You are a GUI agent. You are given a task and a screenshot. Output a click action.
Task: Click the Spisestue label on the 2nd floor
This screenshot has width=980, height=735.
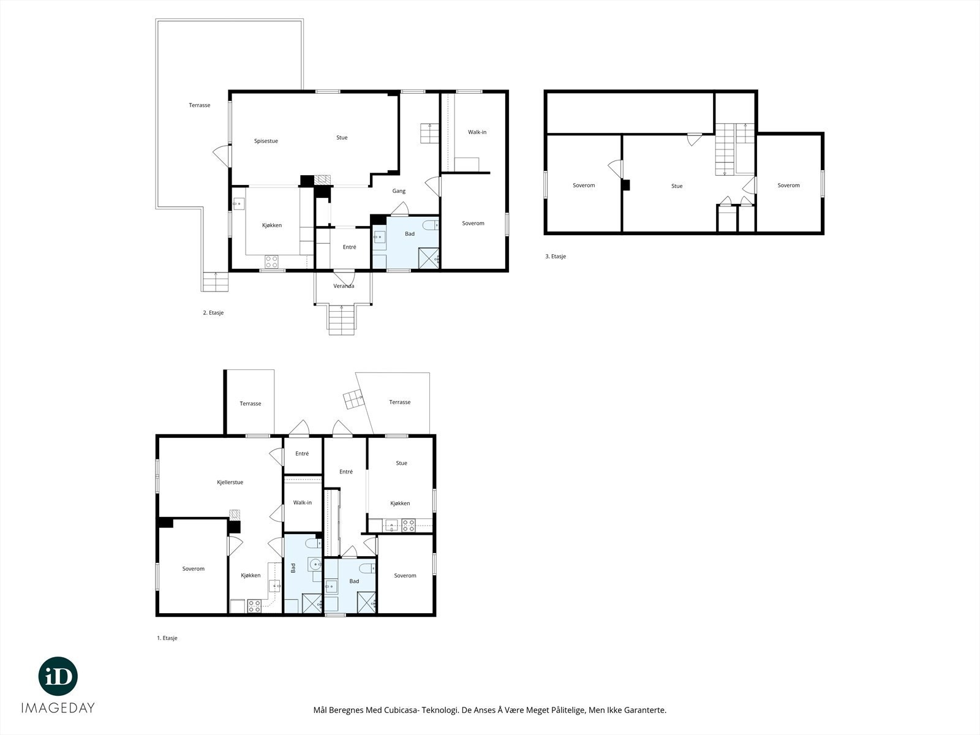coord(266,141)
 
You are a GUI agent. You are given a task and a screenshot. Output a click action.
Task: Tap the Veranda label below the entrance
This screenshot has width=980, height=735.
coord(344,286)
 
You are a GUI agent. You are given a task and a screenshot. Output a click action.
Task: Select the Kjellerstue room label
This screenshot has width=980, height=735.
coord(230,482)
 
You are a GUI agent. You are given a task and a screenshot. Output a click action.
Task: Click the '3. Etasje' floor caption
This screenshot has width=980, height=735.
coord(556,256)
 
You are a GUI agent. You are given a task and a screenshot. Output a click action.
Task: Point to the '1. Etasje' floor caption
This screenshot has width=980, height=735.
coord(167,638)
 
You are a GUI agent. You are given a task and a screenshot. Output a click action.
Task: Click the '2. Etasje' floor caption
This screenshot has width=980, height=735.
coord(213,313)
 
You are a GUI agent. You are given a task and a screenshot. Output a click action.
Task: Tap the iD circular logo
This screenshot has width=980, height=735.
coord(58,676)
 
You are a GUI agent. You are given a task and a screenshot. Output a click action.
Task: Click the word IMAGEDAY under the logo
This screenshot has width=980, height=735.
coord(58,708)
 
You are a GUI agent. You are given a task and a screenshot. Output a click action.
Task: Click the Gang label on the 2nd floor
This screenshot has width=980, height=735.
coord(399,191)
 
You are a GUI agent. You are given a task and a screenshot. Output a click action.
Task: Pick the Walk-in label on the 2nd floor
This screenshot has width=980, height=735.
coord(477,132)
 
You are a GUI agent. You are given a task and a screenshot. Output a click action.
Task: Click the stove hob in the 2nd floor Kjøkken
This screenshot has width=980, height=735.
coord(271,261)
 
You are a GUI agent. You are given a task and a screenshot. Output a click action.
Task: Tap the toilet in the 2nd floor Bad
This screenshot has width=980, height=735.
coord(431,224)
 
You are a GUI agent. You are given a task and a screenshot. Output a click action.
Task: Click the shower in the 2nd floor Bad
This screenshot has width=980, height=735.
coord(429,258)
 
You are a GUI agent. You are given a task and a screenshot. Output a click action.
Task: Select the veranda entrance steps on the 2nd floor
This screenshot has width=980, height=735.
coord(342,319)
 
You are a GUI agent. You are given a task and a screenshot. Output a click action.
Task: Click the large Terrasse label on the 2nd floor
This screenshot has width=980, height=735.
coord(200,105)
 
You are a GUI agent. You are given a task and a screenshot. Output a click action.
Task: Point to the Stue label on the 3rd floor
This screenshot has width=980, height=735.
coord(677,186)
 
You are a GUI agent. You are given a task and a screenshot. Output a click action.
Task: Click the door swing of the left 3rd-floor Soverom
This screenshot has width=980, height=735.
coord(615,168)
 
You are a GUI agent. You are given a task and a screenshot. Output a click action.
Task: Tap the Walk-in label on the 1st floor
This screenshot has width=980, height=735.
coord(302,502)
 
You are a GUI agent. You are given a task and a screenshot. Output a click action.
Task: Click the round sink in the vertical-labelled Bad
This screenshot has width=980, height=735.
coord(315,565)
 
